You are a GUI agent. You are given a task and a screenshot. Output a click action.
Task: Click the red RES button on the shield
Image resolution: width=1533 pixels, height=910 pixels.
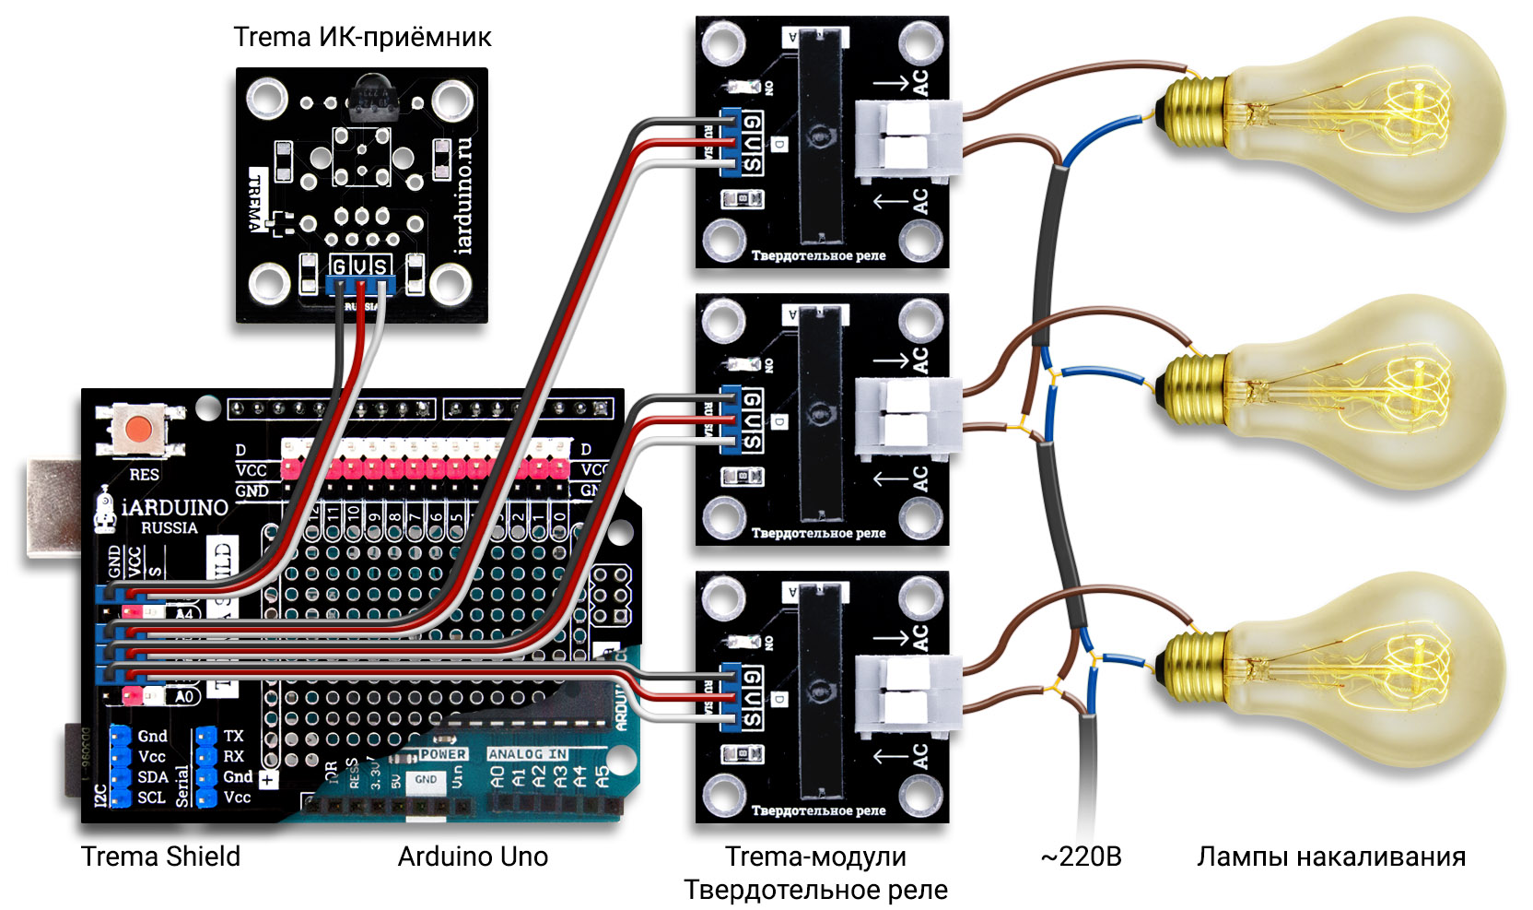[x=140, y=429]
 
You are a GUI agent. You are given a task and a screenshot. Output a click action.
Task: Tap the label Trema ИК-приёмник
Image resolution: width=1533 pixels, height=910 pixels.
[x=362, y=37]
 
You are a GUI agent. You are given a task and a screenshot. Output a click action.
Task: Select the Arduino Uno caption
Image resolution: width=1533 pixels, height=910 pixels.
[x=473, y=857]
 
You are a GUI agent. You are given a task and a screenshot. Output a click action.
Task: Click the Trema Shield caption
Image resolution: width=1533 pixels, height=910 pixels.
[x=160, y=857]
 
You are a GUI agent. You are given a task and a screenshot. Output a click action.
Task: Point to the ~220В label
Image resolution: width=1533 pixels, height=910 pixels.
[x=1081, y=857]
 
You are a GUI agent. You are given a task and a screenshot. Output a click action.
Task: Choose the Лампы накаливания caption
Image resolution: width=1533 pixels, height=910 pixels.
[x=1330, y=857]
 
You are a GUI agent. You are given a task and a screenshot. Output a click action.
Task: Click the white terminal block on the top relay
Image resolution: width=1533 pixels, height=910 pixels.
[x=907, y=138]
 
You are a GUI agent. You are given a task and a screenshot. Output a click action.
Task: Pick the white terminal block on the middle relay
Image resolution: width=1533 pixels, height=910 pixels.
[x=907, y=417]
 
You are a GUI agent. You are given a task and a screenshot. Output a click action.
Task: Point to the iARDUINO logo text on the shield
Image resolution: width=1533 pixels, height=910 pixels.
[x=175, y=507]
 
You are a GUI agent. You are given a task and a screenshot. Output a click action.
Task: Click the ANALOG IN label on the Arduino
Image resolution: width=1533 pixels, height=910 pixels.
[x=527, y=754]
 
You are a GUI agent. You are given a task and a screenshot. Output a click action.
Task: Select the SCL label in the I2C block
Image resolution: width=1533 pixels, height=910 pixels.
[x=152, y=798]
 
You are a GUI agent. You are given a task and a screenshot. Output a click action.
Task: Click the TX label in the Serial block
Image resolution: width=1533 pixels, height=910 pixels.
[x=234, y=736]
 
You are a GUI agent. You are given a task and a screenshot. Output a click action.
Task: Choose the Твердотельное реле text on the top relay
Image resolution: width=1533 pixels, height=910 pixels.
[x=818, y=255]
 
